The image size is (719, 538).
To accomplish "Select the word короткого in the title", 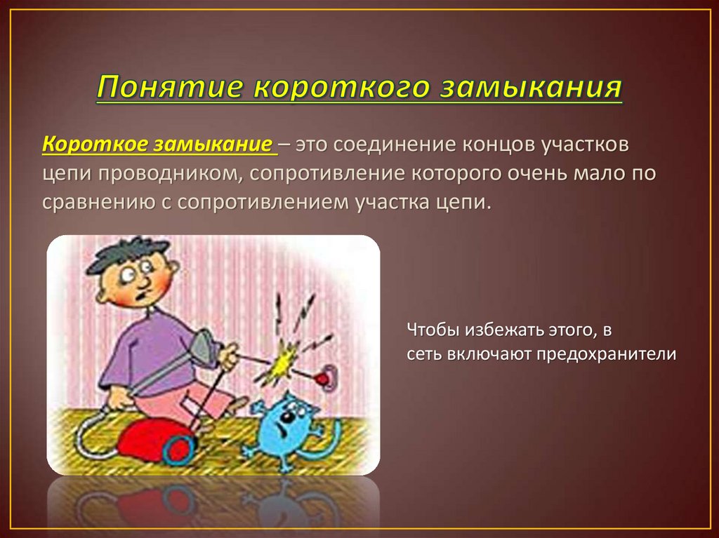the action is tap(341, 88).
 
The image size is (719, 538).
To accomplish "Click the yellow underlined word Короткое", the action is tap(95, 144).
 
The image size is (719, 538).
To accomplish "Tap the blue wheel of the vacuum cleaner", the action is tap(179, 448).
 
